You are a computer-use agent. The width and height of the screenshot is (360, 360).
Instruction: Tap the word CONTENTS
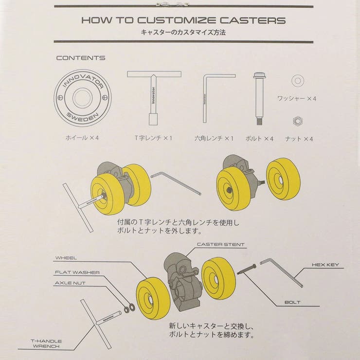tap(81, 58)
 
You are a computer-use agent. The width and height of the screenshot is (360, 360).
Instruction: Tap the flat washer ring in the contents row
tap(296, 80)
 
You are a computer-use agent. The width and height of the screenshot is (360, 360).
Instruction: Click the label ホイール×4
tap(82, 138)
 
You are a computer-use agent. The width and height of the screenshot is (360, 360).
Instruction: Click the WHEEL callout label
tap(67, 258)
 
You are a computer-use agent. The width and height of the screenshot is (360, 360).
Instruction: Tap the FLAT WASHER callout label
tap(78, 272)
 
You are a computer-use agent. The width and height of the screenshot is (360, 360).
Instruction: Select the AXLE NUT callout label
tap(71, 282)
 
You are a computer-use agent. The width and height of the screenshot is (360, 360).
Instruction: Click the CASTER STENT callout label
tap(221, 245)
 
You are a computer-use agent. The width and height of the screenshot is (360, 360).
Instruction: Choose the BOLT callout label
tap(293, 303)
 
